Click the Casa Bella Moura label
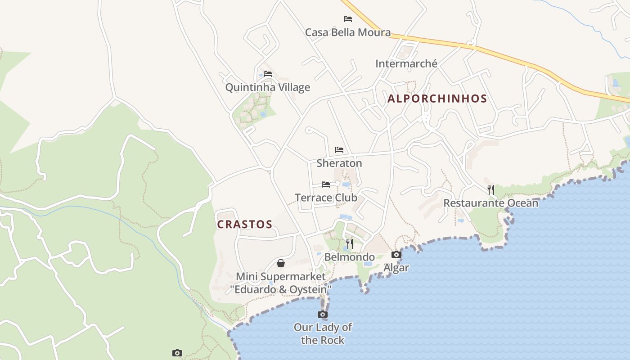348,32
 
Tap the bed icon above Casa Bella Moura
348,19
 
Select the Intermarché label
406,64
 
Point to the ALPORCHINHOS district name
437,99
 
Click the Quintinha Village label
268,87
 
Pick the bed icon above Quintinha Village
268,74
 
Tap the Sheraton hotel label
339,163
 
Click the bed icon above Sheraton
339,150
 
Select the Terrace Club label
326,198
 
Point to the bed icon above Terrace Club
326,184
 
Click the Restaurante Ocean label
491,203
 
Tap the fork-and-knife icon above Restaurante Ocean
491,189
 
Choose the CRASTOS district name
245,224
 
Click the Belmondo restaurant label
350,257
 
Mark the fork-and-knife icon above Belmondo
350,244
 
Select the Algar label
396,268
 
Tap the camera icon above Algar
396,255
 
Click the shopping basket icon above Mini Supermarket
281,263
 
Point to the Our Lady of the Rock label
323,333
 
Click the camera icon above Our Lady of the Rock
323,314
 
